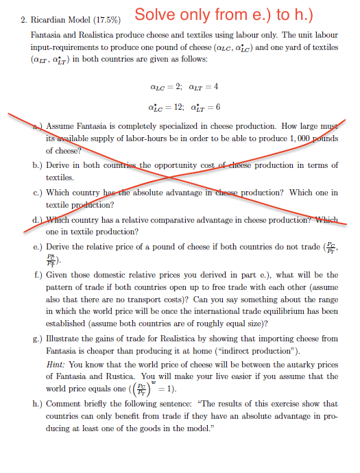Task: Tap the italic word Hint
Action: (x=56, y=364)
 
